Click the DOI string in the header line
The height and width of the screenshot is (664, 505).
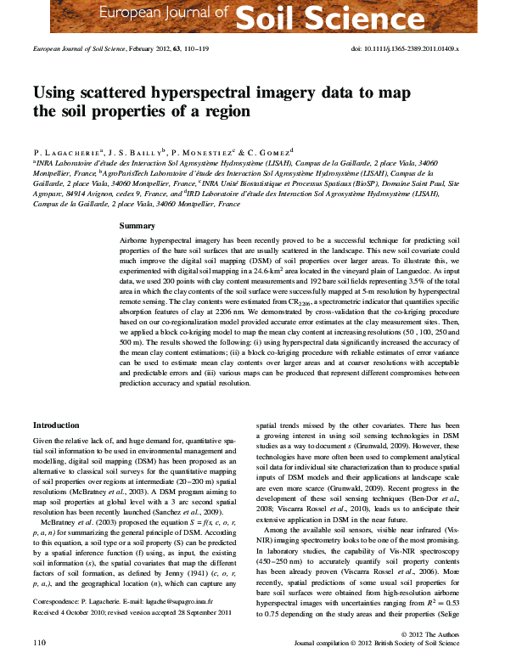[x=405, y=49]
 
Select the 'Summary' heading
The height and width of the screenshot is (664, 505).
[x=137, y=226]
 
